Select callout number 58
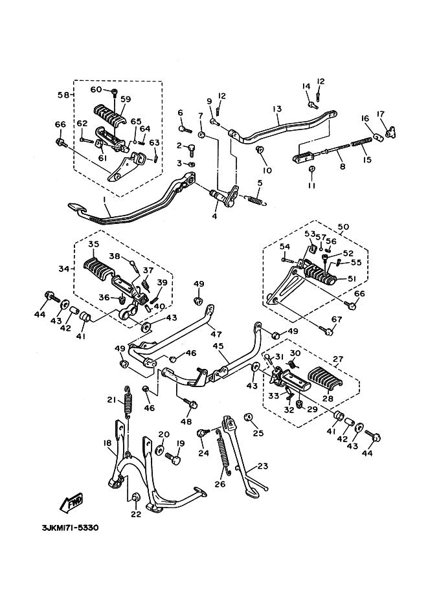[62, 95]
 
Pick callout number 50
[343, 227]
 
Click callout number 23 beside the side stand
[262, 465]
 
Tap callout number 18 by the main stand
[107, 443]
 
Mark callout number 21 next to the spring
[111, 399]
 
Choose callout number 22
[135, 514]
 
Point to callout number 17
[380, 115]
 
